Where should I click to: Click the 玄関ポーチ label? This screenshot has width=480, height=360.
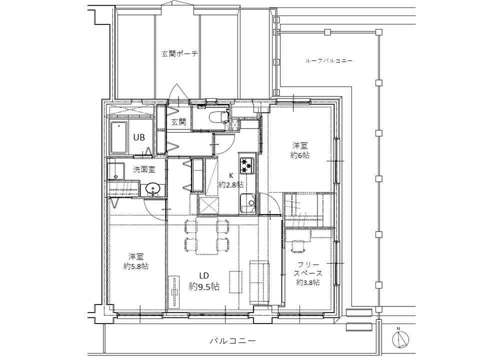[179, 54]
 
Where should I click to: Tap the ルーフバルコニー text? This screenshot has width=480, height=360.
[328, 60]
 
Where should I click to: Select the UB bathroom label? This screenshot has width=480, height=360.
[139, 137]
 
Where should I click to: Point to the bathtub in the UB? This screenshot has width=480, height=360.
[119, 138]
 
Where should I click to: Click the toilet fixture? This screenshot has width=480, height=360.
[217, 116]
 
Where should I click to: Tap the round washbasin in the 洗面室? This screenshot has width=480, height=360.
[152, 188]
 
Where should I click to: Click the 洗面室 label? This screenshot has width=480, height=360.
[144, 169]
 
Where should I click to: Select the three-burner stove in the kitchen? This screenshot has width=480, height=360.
[247, 164]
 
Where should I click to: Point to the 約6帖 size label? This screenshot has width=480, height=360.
[300, 155]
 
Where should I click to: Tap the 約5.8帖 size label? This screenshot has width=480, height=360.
[136, 266]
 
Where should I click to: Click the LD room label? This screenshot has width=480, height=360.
[204, 276]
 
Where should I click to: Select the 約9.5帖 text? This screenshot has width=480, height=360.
[204, 287]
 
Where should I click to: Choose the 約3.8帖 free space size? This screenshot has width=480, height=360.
[308, 282]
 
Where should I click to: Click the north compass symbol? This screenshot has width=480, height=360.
[400, 339]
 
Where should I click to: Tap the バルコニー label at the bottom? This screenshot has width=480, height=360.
[232, 340]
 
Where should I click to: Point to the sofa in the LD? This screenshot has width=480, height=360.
[259, 282]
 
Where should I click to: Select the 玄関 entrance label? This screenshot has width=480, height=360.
[178, 122]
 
